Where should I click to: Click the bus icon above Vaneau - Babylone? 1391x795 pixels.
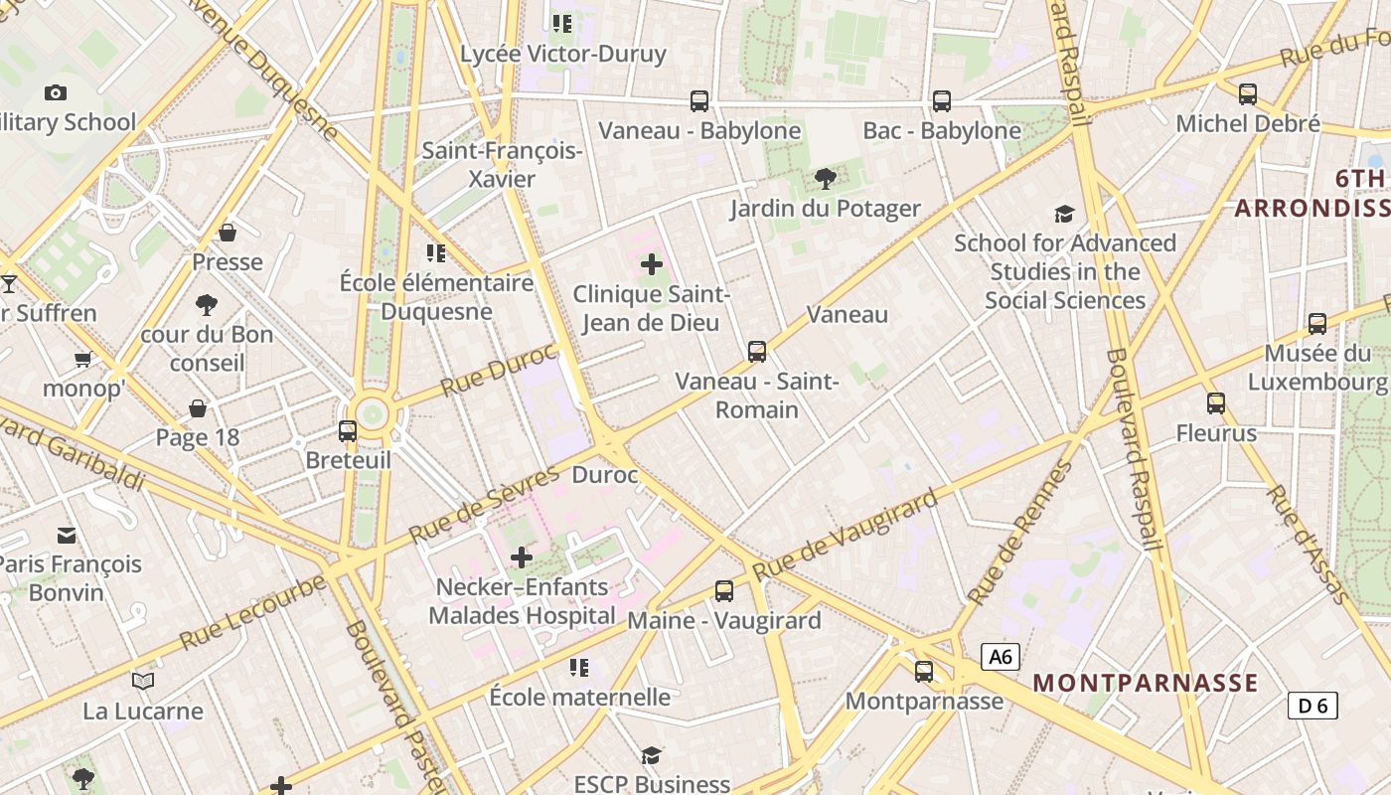point(699,100)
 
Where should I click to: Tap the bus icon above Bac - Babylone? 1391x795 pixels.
point(941,100)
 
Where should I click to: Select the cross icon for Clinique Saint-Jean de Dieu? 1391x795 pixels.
point(652,264)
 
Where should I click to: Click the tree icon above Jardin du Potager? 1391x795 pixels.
point(825,179)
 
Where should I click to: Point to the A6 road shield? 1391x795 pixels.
point(1001,657)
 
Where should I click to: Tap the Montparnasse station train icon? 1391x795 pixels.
point(924,672)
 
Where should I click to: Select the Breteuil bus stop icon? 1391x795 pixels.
point(348,431)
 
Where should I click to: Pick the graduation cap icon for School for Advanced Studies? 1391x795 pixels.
point(1064,214)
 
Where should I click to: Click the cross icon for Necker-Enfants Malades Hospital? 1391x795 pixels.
point(522,557)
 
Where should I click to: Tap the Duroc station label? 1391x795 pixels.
point(605,475)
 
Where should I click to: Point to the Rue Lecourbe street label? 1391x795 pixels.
point(252,612)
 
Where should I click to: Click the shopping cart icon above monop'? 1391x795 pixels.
point(82,359)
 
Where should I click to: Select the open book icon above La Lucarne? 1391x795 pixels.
point(143,682)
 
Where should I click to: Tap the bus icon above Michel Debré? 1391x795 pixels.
point(1248,94)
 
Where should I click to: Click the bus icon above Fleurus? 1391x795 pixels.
point(1216,403)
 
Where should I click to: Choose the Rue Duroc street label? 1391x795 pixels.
point(499,369)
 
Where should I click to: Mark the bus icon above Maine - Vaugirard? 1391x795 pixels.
point(724,591)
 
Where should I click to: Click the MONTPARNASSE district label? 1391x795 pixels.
point(1146,684)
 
